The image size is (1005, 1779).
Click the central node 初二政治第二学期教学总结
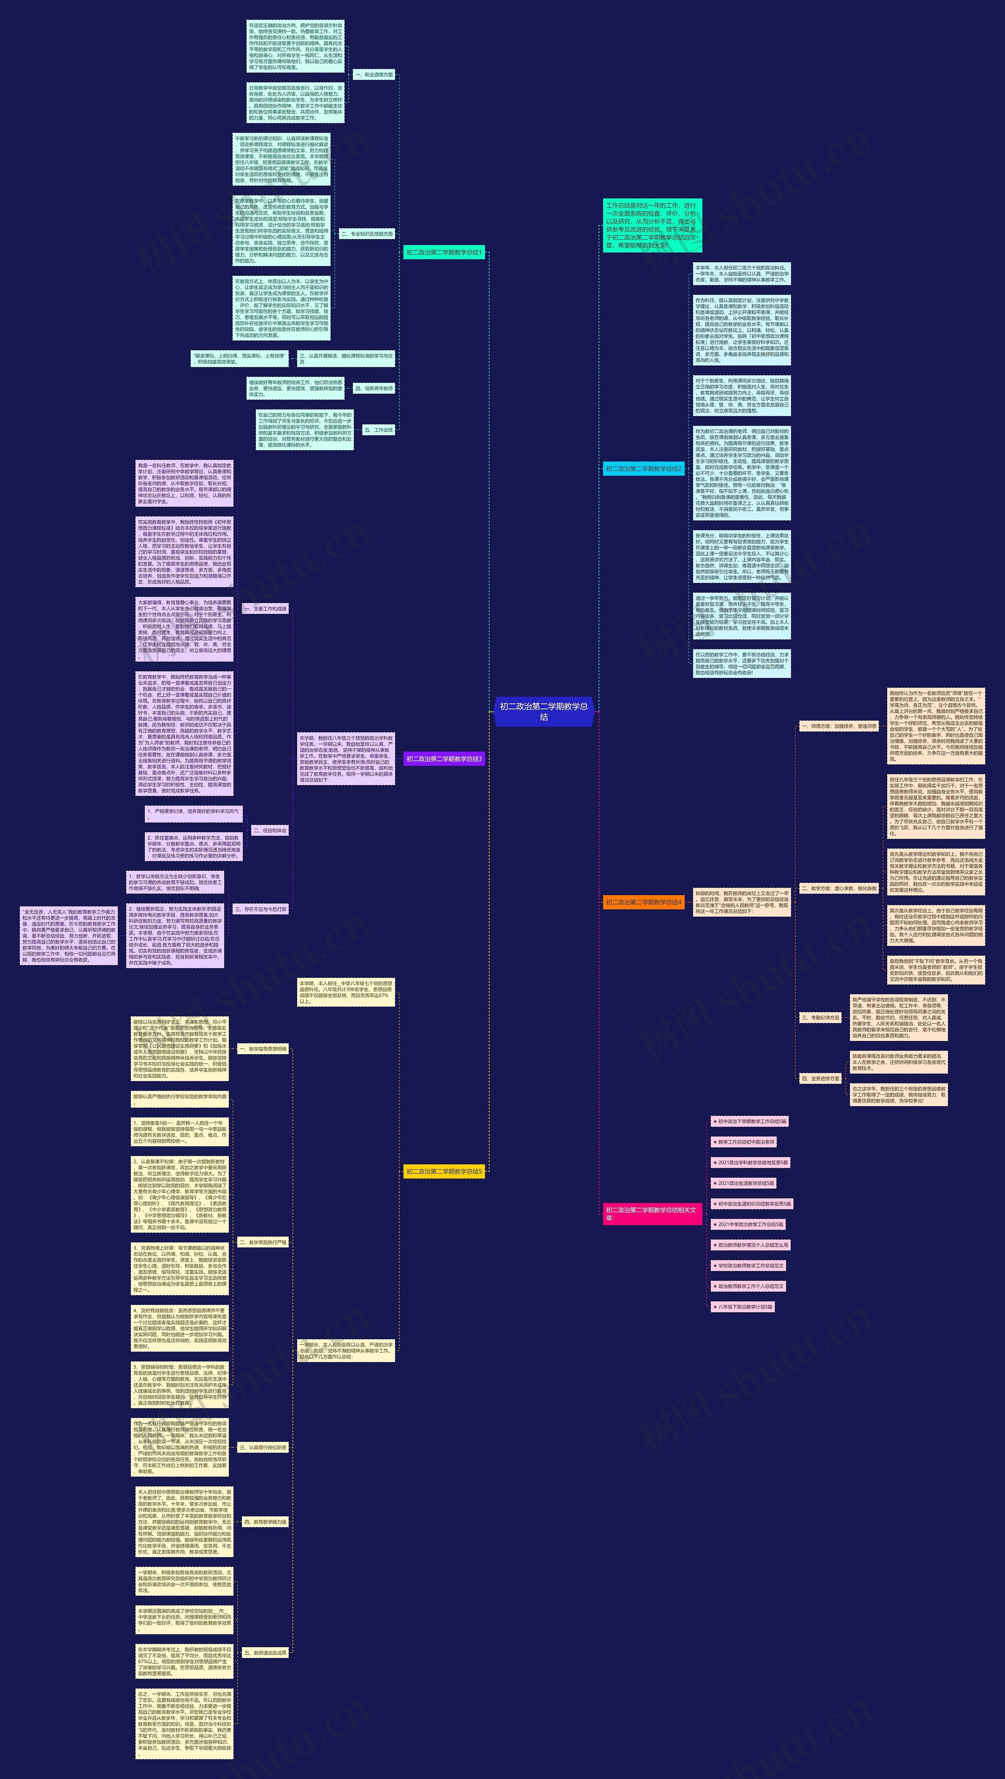[544, 711]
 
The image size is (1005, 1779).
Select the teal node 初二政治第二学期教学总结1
[444, 253]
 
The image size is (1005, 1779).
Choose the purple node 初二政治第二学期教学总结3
[444, 759]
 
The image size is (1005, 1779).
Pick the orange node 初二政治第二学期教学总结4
[643, 902]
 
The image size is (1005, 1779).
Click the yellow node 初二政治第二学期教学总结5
[444, 1171]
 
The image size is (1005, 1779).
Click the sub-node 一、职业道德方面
[374, 75]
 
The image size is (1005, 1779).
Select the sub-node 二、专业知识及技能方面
[367, 234]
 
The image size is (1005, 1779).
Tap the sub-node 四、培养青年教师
[374, 389]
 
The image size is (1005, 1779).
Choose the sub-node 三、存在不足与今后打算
[260, 910]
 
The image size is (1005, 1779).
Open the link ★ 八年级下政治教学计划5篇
[742, 1307]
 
